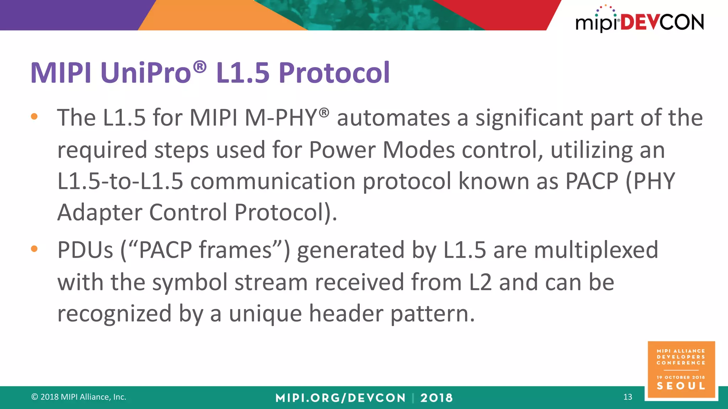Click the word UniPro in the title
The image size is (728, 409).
[x=146, y=73]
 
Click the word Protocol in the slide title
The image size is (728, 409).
[x=334, y=73]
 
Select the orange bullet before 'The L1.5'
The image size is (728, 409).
[x=34, y=116]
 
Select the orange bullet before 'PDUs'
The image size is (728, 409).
[x=34, y=249]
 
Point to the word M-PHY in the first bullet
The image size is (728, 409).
[x=281, y=118]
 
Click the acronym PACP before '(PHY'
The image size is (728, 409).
[x=591, y=181]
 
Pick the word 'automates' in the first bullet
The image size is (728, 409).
[x=393, y=118]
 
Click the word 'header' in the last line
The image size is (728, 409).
[x=346, y=313]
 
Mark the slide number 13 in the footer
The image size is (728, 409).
[x=628, y=397]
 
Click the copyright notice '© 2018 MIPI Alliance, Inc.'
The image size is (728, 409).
[x=79, y=397]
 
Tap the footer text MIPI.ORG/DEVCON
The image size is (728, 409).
[x=340, y=398]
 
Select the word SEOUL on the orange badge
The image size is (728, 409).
[x=681, y=386]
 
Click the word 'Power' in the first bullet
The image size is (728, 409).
[x=342, y=150]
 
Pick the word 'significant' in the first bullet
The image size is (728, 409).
[x=530, y=118]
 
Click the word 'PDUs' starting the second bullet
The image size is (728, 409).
[x=85, y=250]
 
